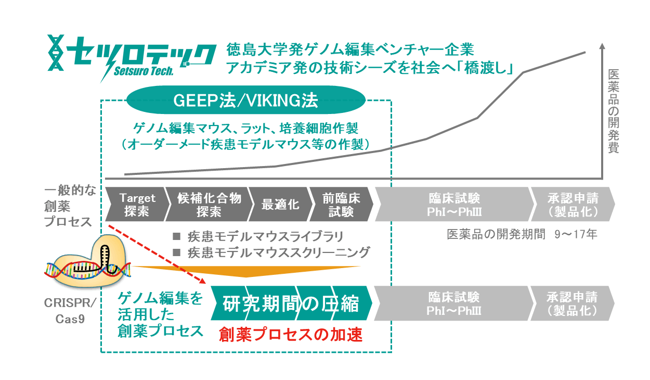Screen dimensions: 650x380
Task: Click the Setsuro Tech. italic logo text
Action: click(144, 71)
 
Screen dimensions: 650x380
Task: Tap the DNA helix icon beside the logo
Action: click(56, 53)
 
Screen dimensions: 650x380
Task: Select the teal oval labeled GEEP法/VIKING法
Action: click(246, 100)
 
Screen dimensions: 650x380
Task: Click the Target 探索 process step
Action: click(137, 204)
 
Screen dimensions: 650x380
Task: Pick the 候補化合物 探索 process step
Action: click(209, 204)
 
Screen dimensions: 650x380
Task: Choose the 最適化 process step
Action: click(280, 204)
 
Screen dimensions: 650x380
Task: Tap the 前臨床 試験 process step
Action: click(341, 204)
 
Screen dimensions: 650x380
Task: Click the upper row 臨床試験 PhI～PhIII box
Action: click(454, 204)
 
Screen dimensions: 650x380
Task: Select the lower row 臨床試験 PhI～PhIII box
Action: click(453, 303)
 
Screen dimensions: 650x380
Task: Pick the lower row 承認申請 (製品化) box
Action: click(572, 303)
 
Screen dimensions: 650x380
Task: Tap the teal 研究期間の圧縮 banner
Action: click(291, 303)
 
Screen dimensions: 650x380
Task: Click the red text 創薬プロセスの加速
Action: click(291, 334)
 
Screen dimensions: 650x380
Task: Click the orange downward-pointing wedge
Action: click(246, 271)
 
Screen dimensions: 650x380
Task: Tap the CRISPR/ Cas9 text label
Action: click(70, 311)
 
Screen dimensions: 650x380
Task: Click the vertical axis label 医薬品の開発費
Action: click(614, 111)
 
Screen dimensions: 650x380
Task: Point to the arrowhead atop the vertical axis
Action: click(602, 46)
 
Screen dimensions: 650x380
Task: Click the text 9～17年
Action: click(576, 234)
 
